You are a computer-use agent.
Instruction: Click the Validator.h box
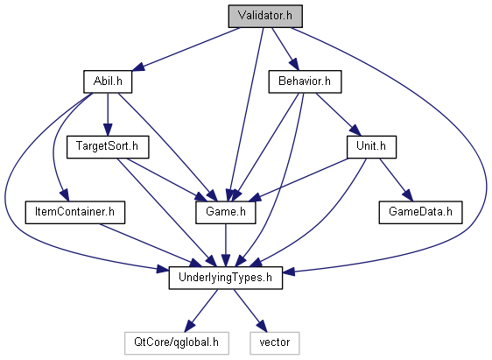pos(265,16)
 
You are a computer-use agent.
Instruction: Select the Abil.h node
pos(108,81)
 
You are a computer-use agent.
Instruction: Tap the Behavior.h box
pos(305,81)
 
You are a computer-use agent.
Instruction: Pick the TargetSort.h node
pos(108,147)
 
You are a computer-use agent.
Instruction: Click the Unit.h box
pos(371,147)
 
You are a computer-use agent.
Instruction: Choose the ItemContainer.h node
pos(75,213)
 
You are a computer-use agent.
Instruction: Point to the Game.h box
pos(226,213)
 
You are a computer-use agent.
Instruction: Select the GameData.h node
pos(420,213)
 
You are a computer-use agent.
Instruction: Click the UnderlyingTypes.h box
pos(226,278)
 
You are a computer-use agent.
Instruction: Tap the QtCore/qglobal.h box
pos(176,343)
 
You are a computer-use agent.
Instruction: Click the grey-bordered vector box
pos(275,343)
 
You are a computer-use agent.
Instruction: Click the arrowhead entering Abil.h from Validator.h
pos(137,67)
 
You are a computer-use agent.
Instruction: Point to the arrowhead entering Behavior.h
pos(293,65)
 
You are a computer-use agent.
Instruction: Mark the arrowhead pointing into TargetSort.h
pos(108,130)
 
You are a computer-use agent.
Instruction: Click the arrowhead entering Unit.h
pos(355,131)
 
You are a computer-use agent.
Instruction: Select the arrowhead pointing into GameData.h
pos(408,195)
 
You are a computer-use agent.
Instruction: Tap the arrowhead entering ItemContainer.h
pos(65,195)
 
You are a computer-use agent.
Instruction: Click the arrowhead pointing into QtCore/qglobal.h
pos(189,327)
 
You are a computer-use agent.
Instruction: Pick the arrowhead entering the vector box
pos(262,327)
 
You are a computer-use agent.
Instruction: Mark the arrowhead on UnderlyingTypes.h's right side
pos(289,272)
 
